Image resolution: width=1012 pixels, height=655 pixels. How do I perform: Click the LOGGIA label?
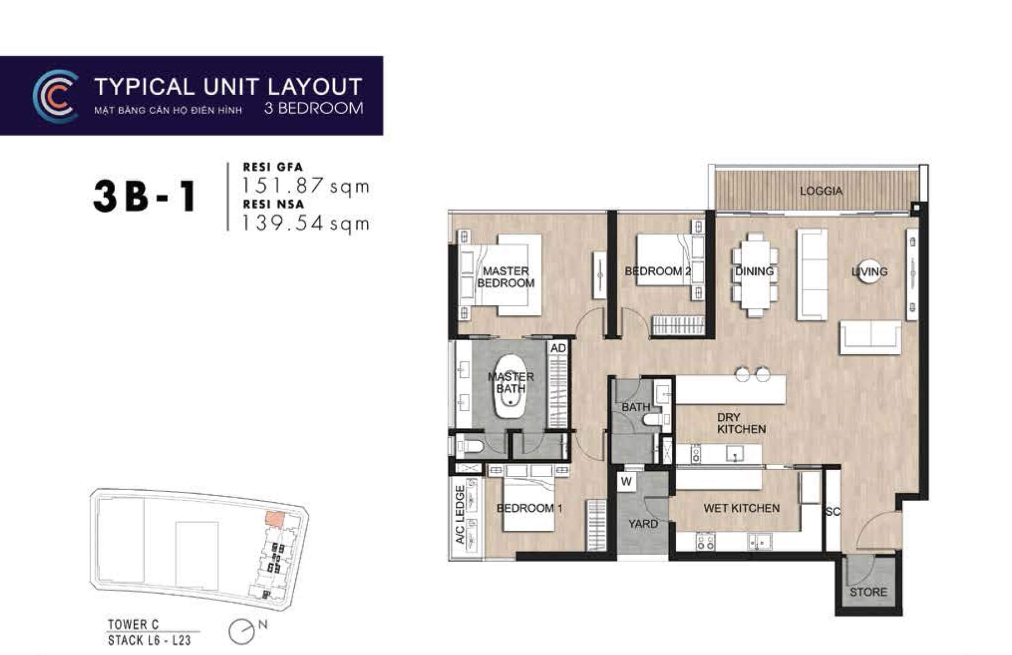pyautogui.click(x=821, y=191)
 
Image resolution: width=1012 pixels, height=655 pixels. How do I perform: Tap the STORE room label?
pyautogui.click(x=868, y=592)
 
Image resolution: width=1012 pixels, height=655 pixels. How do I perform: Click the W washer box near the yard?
pyautogui.click(x=626, y=482)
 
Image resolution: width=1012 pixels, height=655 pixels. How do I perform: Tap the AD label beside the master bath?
pyautogui.click(x=558, y=348)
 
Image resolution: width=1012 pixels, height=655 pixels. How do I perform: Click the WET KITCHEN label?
pyautogui.click(x=741, y=508)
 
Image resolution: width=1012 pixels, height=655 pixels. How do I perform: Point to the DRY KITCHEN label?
pyautogui.click(x=741, y=423)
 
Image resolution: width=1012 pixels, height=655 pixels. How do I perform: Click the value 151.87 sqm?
pyautogui.click(x=306, y=186)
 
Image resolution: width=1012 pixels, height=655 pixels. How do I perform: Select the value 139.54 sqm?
pyautogui.click(x=306, y=223)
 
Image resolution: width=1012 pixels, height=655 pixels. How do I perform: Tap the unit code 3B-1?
pyautogui.click(x=145, y=196)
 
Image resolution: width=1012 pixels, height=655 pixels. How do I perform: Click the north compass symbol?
pyautogui.click(x=242, y=632)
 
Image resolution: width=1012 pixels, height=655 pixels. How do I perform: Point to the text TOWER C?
pyautogui.click(x=133, y=625)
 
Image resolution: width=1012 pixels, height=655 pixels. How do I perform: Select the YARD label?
pyautogui.click(x=643, y=524)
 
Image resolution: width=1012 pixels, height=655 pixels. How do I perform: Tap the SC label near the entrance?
pyautogui.click(x=833, y=512)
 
